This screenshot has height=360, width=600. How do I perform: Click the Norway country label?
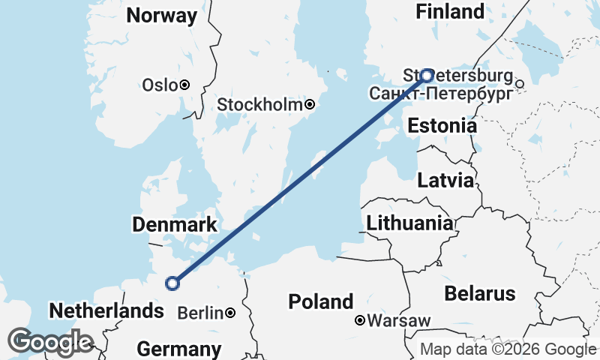point(162,15)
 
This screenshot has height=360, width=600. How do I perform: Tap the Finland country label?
point(450,12)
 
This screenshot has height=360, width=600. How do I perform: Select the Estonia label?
point(442,126)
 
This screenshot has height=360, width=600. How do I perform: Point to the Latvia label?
point(445,181)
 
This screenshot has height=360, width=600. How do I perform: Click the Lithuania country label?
point(409,223)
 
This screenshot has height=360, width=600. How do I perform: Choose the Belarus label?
point(480,293)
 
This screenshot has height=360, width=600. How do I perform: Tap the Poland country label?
point(321,302)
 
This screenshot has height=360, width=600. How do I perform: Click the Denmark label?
point(175,224)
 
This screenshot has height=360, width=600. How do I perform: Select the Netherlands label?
point(106,310)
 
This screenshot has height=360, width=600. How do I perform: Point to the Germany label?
point(179,349)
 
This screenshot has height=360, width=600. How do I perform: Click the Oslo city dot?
point(184,85)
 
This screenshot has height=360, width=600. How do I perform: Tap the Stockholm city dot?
point(309,105)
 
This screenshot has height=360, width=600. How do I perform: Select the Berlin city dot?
point(229,313)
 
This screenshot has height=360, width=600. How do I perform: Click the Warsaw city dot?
point(361,321)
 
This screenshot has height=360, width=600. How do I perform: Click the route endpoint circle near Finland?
point(427,75)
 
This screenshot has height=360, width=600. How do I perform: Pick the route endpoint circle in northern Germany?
point(173,283)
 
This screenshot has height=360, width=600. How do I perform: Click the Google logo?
point(49,342)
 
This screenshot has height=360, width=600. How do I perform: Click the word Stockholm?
point(259,105)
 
